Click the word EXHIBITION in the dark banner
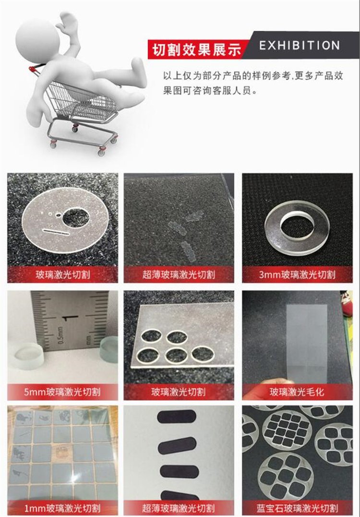point(300,46)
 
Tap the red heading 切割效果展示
point(196,50)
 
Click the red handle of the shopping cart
point(33,69)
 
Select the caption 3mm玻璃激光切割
point(297,274)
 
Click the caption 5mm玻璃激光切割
point(62,392)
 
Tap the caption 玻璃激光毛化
point(297,392)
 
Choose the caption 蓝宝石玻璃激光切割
point(297,508)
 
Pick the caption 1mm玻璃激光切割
point(62,508)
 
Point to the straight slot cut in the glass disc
point(56,232)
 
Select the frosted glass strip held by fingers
point(307,343)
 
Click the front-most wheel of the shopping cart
point(102,152)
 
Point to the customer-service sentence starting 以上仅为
point(253,83)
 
